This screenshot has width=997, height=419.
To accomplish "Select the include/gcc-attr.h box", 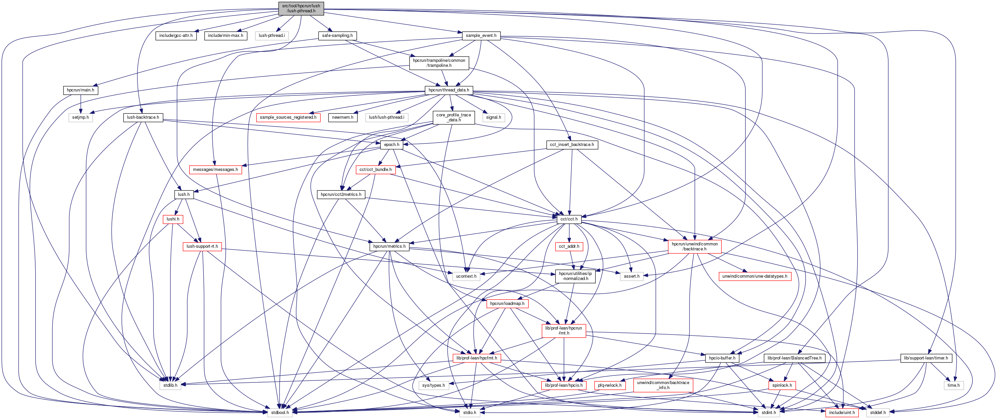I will (x=176, y=36).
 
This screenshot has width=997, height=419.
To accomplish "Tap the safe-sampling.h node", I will (x=337, y=36).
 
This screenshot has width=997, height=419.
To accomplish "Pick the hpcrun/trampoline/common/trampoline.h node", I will (x=439, y=63).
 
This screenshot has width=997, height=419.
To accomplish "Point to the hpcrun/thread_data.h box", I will (x=449, y=90).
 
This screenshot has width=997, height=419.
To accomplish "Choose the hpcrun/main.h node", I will (x=80, y=90).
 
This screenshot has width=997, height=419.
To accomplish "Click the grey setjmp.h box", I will (x=81, y=117).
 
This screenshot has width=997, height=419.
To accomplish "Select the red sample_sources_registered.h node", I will (x=288, y=117).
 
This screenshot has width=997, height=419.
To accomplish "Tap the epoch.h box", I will (x=391, y=145).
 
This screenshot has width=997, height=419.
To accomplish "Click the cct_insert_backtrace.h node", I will (x=572, y=145).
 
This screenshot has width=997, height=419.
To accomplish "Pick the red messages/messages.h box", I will (x=215, y=170).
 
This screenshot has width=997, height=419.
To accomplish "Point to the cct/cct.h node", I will (x=569, y=219).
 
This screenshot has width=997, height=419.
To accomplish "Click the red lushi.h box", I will (x=173, y=219).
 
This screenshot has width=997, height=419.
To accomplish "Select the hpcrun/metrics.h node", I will (x=389, y=246).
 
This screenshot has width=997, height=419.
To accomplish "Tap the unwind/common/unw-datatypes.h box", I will (x=754, y=276).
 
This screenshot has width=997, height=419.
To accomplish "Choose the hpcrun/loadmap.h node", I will (x=507, y=303).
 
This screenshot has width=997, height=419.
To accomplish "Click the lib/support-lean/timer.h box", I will (x=926, y=358).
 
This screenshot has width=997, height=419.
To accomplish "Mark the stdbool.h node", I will (x=280, y=412).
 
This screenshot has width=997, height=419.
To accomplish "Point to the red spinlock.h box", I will (x=782, y=385).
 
